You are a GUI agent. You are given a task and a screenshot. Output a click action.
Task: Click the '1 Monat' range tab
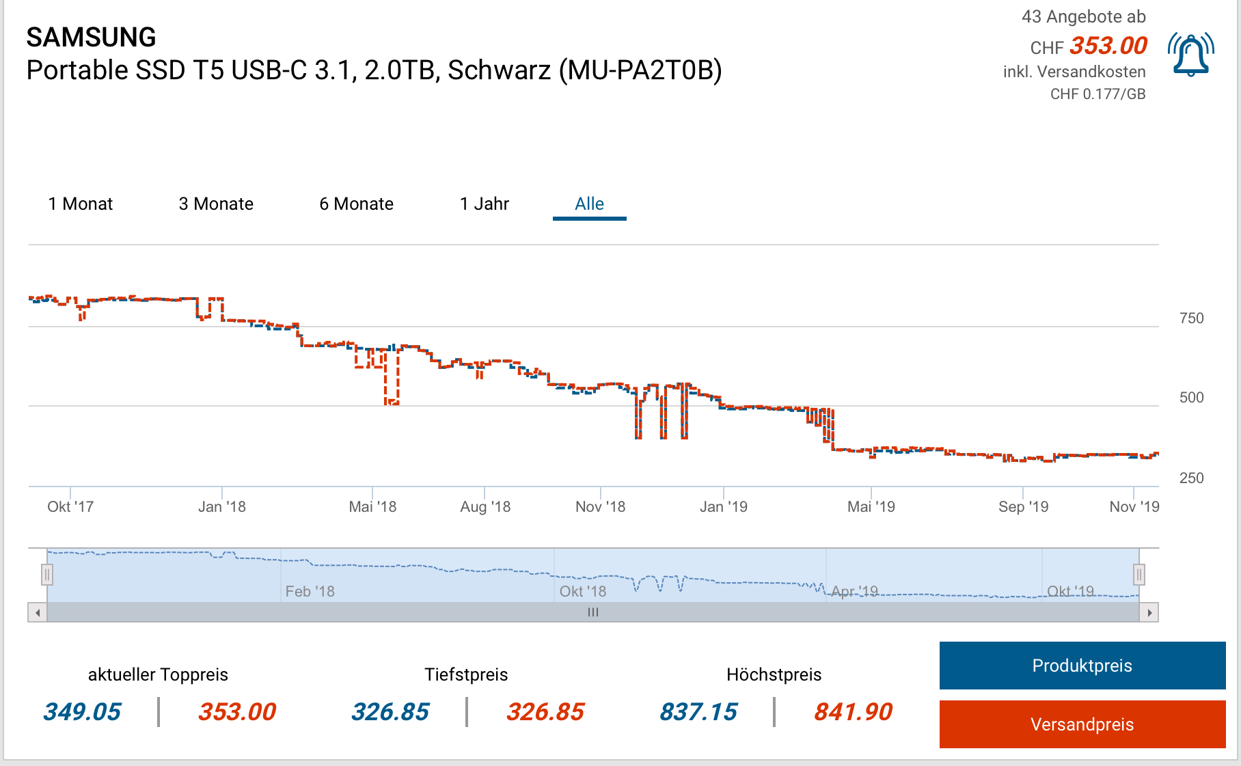coord(81,204)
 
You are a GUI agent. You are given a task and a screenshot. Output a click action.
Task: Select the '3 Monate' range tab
coord(216,204)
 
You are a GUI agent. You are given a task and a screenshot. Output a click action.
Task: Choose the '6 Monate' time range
coord(356,204)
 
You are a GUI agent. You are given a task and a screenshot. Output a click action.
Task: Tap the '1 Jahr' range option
coord(485,204)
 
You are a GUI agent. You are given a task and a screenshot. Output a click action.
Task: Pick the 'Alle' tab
coord(589,204)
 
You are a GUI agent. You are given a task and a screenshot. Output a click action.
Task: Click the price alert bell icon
coord(1190,54)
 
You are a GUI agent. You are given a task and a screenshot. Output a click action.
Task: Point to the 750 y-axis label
coord(1191,318)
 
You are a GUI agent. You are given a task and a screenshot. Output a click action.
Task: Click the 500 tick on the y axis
coord(1191,398)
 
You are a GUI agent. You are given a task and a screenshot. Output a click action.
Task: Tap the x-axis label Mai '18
coord(372,507)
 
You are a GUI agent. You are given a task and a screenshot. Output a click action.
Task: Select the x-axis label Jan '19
coord(723,507)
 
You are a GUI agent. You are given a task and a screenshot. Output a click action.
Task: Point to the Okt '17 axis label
coord(70,507)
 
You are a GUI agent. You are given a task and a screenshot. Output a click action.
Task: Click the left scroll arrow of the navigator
coord(38,613)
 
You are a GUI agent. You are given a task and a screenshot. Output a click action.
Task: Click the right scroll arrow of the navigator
coord(1149,613)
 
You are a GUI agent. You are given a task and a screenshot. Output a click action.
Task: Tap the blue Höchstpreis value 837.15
coord(698,712)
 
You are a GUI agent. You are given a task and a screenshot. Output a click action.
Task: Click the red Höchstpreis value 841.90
coord(853,712)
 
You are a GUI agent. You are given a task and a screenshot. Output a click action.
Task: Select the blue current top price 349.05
coord(82,712)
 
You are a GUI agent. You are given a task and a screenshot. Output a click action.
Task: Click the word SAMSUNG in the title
coord(92,38)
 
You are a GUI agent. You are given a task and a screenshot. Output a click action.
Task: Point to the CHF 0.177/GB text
coord(1097,94)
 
